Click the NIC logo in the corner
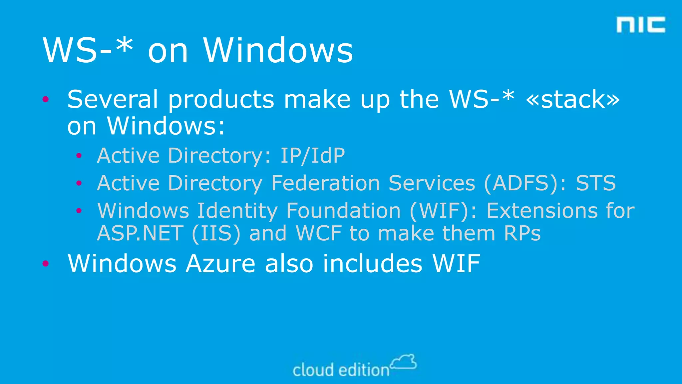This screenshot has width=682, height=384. tap(641, 25)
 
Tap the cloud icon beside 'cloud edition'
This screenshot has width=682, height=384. tap(404, 362)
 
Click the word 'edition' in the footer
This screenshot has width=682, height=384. tap(364, 370)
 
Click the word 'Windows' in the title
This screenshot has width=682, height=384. tap(278, 51)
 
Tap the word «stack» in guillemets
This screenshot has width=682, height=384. tap(572, 99)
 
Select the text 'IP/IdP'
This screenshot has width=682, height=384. tap(312, 156)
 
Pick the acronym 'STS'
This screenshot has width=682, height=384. tap(596, 183)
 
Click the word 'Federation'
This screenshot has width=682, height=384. tap(325, 183)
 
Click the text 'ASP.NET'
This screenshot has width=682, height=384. tap(140, 233)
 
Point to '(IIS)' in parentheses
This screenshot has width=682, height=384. tap(216, 233)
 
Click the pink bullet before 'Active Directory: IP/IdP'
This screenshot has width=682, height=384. tap(79, 156)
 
